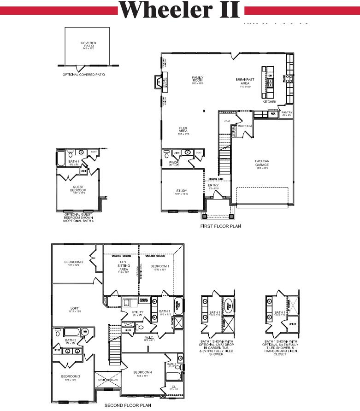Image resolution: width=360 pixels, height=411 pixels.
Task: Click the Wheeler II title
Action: [180, 10]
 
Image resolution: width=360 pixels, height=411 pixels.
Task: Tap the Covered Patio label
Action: [88, 45]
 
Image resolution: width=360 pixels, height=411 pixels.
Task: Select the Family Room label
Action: [198, 79]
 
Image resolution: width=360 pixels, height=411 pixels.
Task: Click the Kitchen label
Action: [269, 101]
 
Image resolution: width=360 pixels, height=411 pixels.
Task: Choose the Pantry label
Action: [287, 113]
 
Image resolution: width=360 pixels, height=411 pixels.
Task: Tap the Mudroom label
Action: [244, 126]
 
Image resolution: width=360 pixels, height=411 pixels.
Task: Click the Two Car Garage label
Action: [261, 164]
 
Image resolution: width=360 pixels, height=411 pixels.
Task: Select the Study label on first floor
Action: [182, 191]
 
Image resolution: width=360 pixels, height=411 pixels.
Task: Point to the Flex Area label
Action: [183, 130]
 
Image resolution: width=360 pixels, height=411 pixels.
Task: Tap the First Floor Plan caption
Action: [220, 226]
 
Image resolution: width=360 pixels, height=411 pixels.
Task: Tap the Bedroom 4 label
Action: [142, 372]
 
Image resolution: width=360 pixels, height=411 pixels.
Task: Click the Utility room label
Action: [137, 312]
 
